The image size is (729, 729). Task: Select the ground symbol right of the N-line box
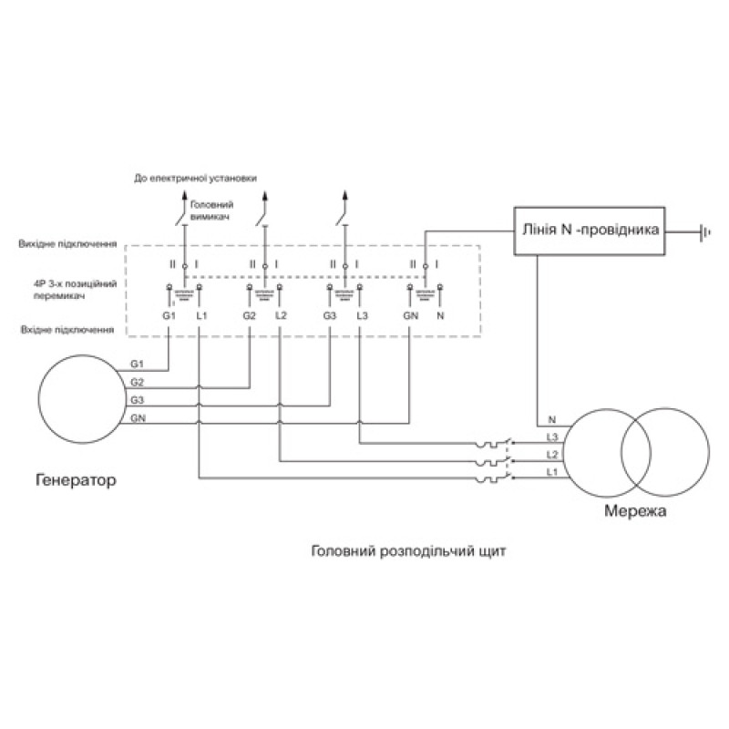pos(704,231)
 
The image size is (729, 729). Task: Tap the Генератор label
pos(77,479)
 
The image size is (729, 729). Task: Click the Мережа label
pos(635,511)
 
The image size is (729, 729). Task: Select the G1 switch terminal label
pos(168,315)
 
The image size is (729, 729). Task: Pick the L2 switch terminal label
pos(281,315)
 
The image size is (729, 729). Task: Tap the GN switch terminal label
pos(410,315)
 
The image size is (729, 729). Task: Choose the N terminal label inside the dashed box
pos(441,315)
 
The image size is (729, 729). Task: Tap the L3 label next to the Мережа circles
pos(551,437)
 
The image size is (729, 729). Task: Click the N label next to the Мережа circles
pos(551,420)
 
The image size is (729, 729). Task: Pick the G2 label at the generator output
pos(137,382)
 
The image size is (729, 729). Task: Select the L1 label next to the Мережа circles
pos(551,471)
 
